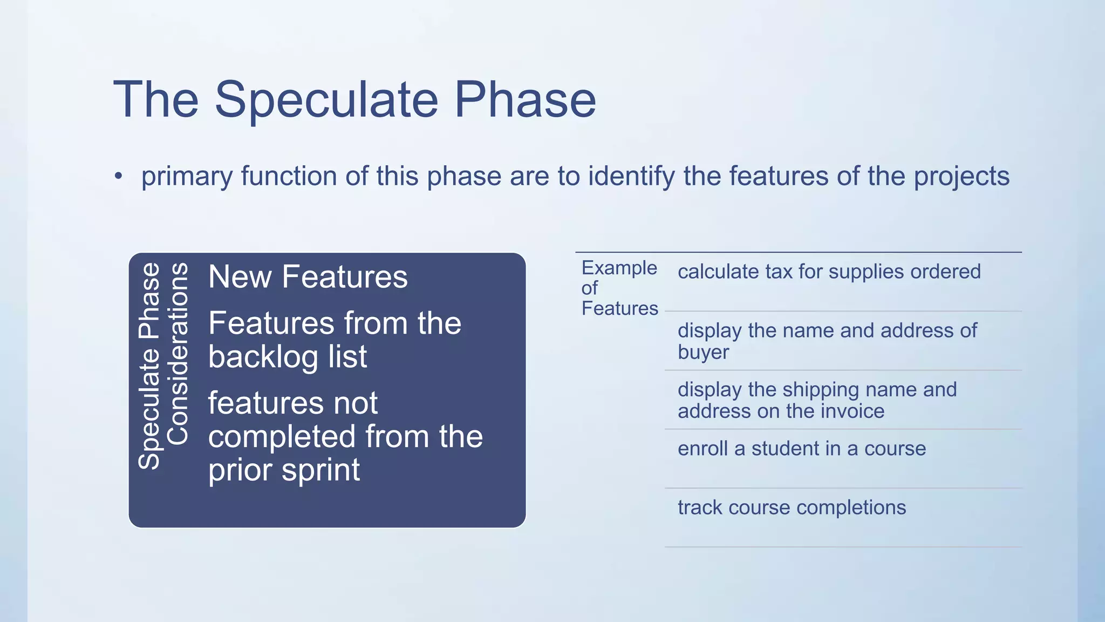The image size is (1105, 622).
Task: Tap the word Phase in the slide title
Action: [x=525, y=99]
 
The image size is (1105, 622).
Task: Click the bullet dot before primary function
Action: [x=119, y=176]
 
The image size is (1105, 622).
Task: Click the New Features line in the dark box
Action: [x=308, y=277]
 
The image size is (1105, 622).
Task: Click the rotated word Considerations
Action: [x=178, y=354]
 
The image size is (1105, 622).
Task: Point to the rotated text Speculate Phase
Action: [x=149, y=366]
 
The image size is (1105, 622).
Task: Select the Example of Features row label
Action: [x=619, y=288]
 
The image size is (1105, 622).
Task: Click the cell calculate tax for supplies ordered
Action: [x=829, y=272]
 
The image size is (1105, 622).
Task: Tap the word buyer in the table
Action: [x=703, y=352]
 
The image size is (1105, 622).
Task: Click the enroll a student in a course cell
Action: [x=801, y=449]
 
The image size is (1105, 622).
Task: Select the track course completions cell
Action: [x=792, y=508]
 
